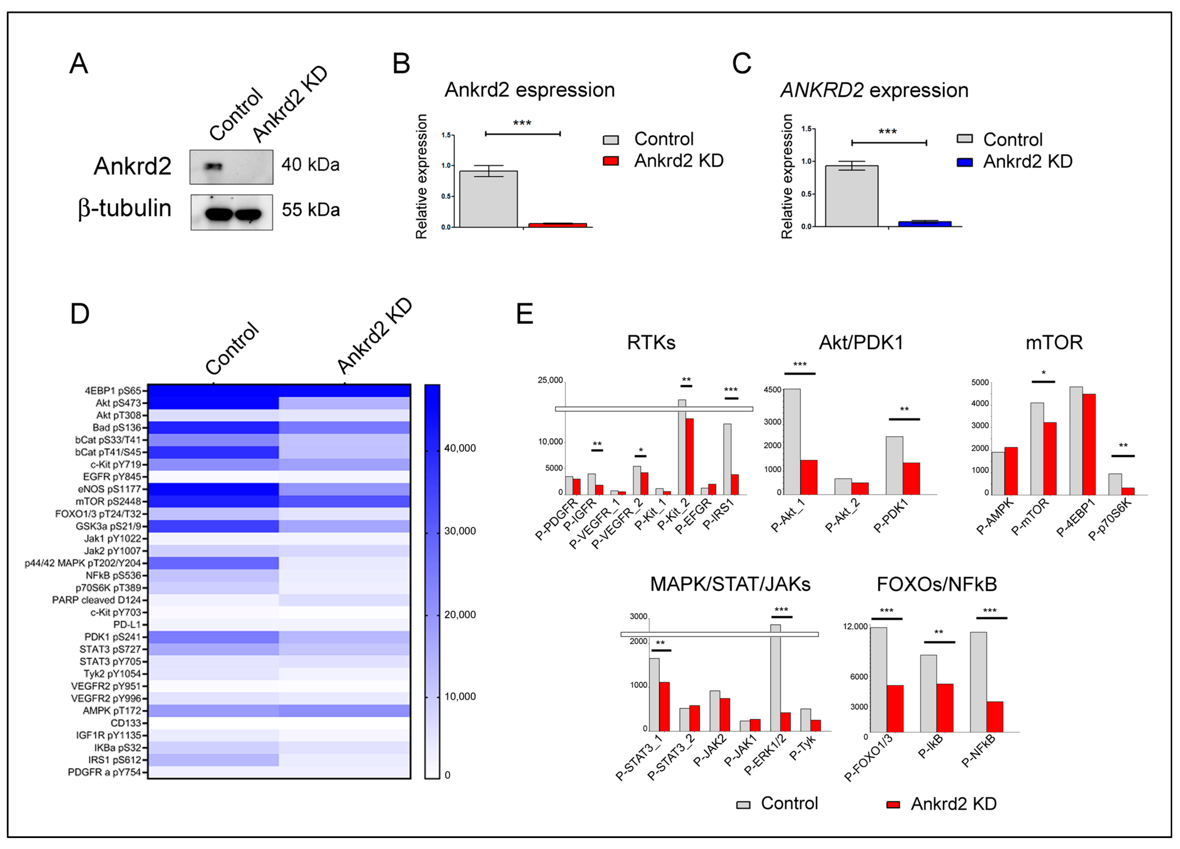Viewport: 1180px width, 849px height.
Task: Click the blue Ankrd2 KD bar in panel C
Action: click(x=924, y=224)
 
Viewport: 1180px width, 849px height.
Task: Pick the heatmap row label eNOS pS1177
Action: click(x=109, y=489)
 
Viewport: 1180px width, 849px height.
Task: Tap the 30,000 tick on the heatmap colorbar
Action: click(x=459, y=531)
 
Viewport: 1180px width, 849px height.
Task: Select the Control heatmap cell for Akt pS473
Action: click(x=213, y=403)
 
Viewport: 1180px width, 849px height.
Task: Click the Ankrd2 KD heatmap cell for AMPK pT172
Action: click(x=345, y=711)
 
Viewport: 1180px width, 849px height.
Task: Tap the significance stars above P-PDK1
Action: click(x=904, y=409)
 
